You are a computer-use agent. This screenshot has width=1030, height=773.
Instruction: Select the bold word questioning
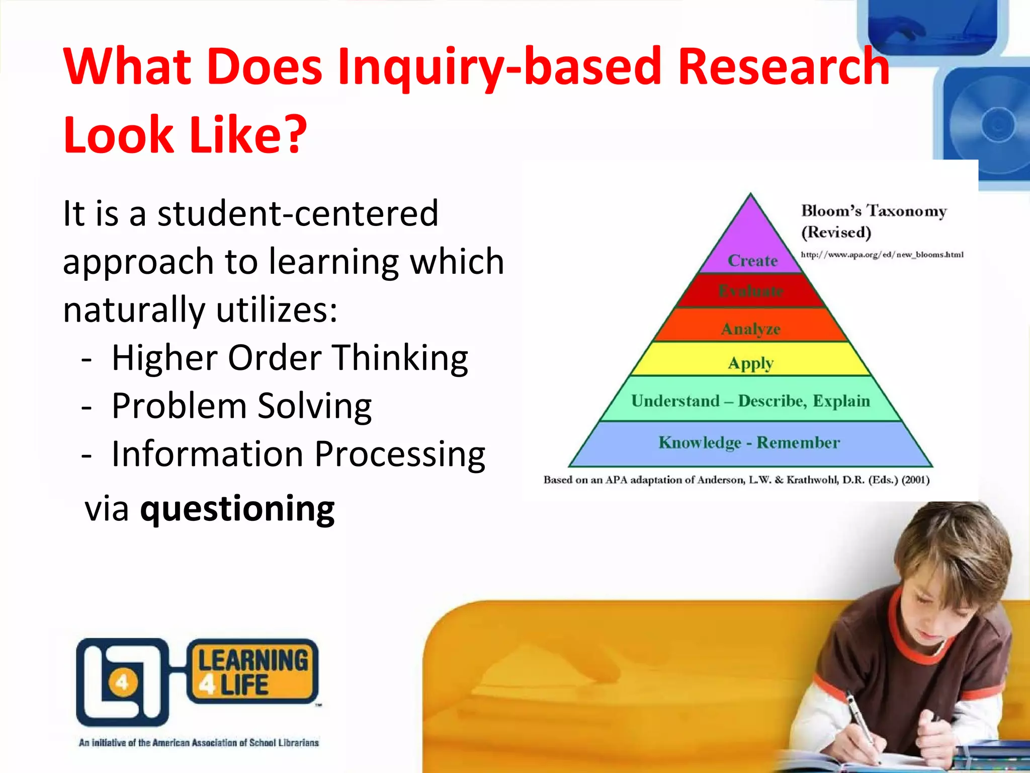(237, 509)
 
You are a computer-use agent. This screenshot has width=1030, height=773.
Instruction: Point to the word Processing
(400, 454)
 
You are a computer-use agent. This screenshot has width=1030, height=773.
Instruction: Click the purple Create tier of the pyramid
(751, 247)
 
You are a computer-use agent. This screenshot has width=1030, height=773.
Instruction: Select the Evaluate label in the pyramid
(750, 291)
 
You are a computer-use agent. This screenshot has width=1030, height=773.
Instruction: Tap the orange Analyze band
(750, 329)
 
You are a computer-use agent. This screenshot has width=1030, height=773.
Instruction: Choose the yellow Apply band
(750, 363)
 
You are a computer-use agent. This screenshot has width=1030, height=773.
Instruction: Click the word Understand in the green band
(675, 401)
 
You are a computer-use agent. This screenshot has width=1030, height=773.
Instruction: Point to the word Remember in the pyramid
(798, 442)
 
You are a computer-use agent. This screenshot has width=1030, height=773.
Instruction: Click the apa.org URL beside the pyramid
(882, 255)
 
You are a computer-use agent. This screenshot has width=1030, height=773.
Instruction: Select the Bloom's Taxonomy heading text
(874, 211)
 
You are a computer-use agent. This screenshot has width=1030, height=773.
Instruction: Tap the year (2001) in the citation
(915, 480)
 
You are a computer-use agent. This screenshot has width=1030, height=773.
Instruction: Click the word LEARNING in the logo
(253, 660)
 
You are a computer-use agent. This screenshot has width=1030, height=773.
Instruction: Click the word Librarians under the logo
(298, 743)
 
